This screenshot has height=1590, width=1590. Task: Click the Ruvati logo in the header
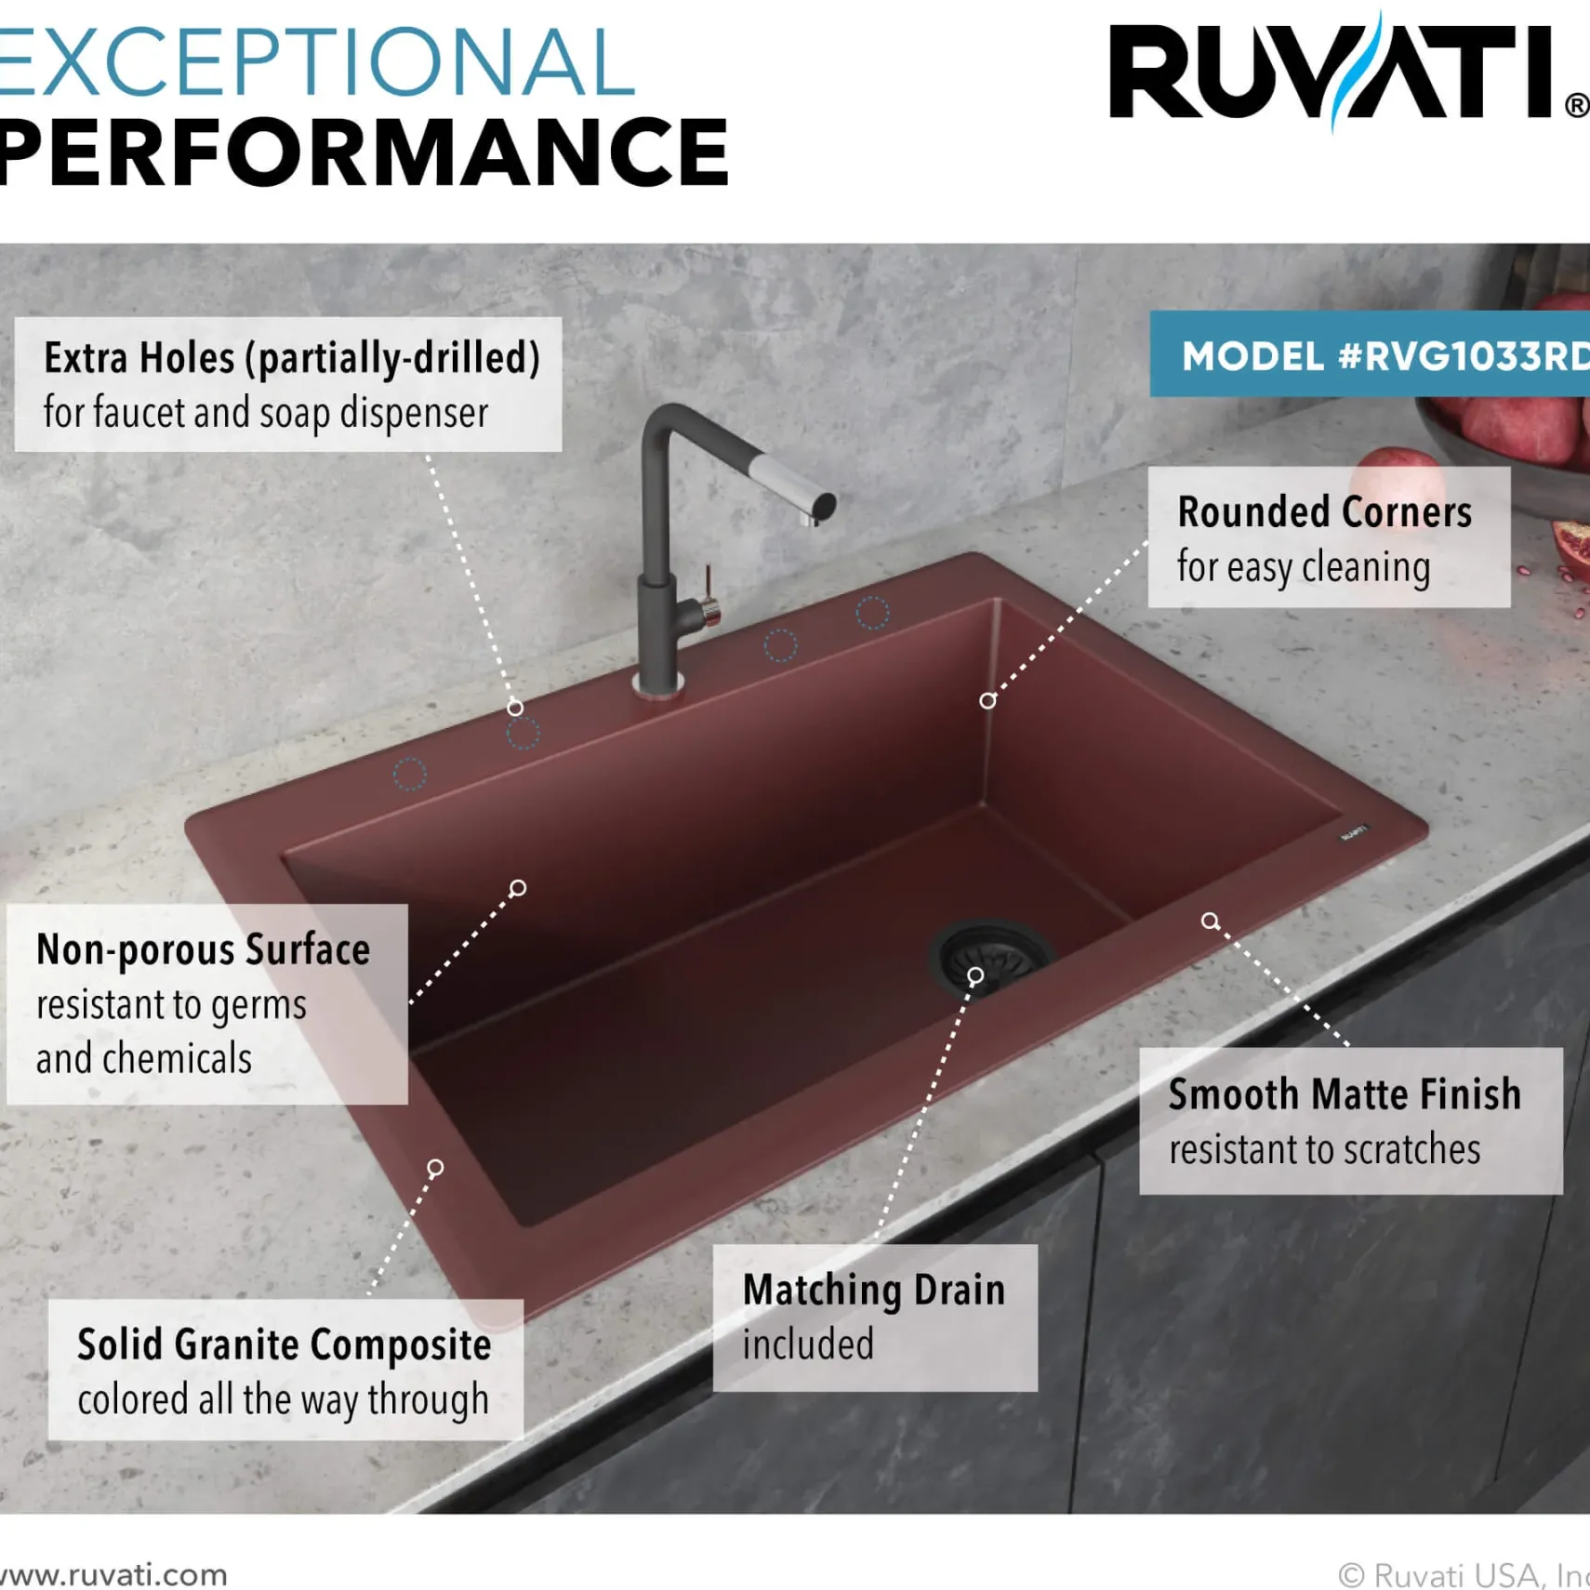pyautogui.click(x=1348, y=73)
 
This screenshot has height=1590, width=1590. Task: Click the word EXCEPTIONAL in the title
pyautogui.click(x=316, y=63)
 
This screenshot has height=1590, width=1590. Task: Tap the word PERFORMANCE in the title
pyautogui.click(x=364, y=152)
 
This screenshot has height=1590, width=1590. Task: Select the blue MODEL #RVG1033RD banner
pyautogui.click(x=1370, y=354)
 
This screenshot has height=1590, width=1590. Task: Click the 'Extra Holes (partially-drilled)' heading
pyautogui.click(x=292, y=359)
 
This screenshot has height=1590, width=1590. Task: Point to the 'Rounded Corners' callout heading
pyautogui.click(x=1325, y=512)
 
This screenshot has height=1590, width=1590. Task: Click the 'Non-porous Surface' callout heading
pyautogui.click(x=203, y=950)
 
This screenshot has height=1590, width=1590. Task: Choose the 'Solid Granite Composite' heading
pyautogui.click(x=284, y=1345)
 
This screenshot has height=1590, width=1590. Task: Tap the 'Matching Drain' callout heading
pyautogui.click(x=874, y=1291)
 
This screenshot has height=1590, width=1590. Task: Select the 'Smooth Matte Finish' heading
pyautogui.click(x=1345, y=1094)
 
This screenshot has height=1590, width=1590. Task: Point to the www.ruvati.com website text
pyautogui.click(x=113, y=1574)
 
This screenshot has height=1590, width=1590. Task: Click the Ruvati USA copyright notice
pyautogui.click(x=1464, y=1575)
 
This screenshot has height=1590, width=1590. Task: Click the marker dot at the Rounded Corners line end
pyautogui.click(x=987, y=701)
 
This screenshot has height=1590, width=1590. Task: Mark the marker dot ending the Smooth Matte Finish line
pyautogui.click(x=1210, y=921)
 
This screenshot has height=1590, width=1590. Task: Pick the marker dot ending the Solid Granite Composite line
pyautogui.click(x=435, y=1168)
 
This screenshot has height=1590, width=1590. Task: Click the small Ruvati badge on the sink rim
pyautogui.click(x=1353, y=832)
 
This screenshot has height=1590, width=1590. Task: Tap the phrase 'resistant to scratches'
pyautogui.click(x=1325, y=1150)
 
